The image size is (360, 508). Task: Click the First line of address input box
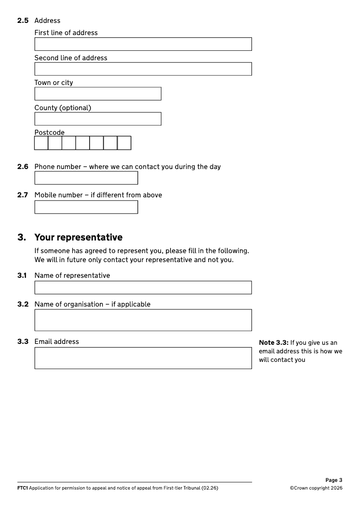[x=143, y=44]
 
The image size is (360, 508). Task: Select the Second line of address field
[x=143, y=69]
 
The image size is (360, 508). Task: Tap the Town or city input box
[x=98, y=94]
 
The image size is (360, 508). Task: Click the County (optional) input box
[x=98, y=119]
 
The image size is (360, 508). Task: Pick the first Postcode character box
[x=41, y=143]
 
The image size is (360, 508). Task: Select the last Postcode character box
[x=124, y=143]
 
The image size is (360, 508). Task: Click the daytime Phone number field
[x=86, y=178]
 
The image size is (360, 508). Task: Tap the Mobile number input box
[x=86, y=207]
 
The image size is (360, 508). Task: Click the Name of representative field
[x=143, y=288]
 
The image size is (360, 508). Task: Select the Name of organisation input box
[x=143, y=320]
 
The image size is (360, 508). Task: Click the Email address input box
[x=143, y=358]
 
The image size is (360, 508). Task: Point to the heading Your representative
[x=78, y=237]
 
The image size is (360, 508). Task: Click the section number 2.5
[x=23, y=21]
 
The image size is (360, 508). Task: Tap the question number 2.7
[x=23, y=195]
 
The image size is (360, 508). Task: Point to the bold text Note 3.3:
[x=274, y=343]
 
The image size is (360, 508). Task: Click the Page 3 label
[x=334, y=480]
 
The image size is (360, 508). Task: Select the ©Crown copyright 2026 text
[x=316, y=488]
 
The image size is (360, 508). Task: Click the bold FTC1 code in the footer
[x=22, y=488]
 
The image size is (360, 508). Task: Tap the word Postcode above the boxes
[x=49, y=133]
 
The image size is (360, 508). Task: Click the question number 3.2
[x=23, y=304]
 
